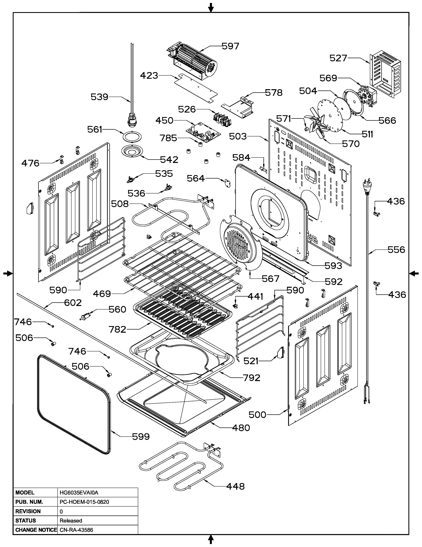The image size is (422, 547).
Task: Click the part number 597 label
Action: pyautogui.click(x=231, y=46)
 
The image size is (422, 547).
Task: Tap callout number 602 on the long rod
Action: pyautogui.click(x=73, y=303)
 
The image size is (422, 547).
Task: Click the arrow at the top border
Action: pyautogui.click(x=211, y=7)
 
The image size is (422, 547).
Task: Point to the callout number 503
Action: pyautogui.click(x=238, y=136)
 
